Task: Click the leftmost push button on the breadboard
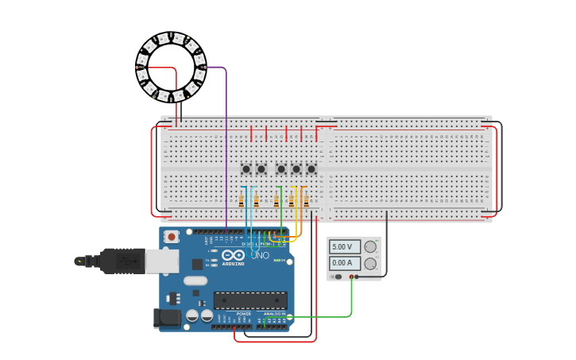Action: (246, 168)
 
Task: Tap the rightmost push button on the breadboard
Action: (311, 168)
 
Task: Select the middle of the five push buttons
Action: (280, 168)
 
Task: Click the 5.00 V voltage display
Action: (344, 247)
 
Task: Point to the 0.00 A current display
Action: (344, 263)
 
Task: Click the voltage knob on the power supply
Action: (370, 247)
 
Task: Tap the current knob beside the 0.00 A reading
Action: (370, 263)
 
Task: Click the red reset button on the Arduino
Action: (172, 236)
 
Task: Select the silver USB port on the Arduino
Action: (162, 261)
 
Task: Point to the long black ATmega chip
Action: (250, 300)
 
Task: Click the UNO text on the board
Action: (260, 255)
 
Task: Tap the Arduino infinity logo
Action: (233, 255)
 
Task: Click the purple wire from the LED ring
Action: (226, 143)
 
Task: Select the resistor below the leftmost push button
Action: (242, 201)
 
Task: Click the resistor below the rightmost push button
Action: (306, 201)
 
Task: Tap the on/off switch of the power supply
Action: (338, 277)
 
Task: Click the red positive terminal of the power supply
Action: (351, 277)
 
